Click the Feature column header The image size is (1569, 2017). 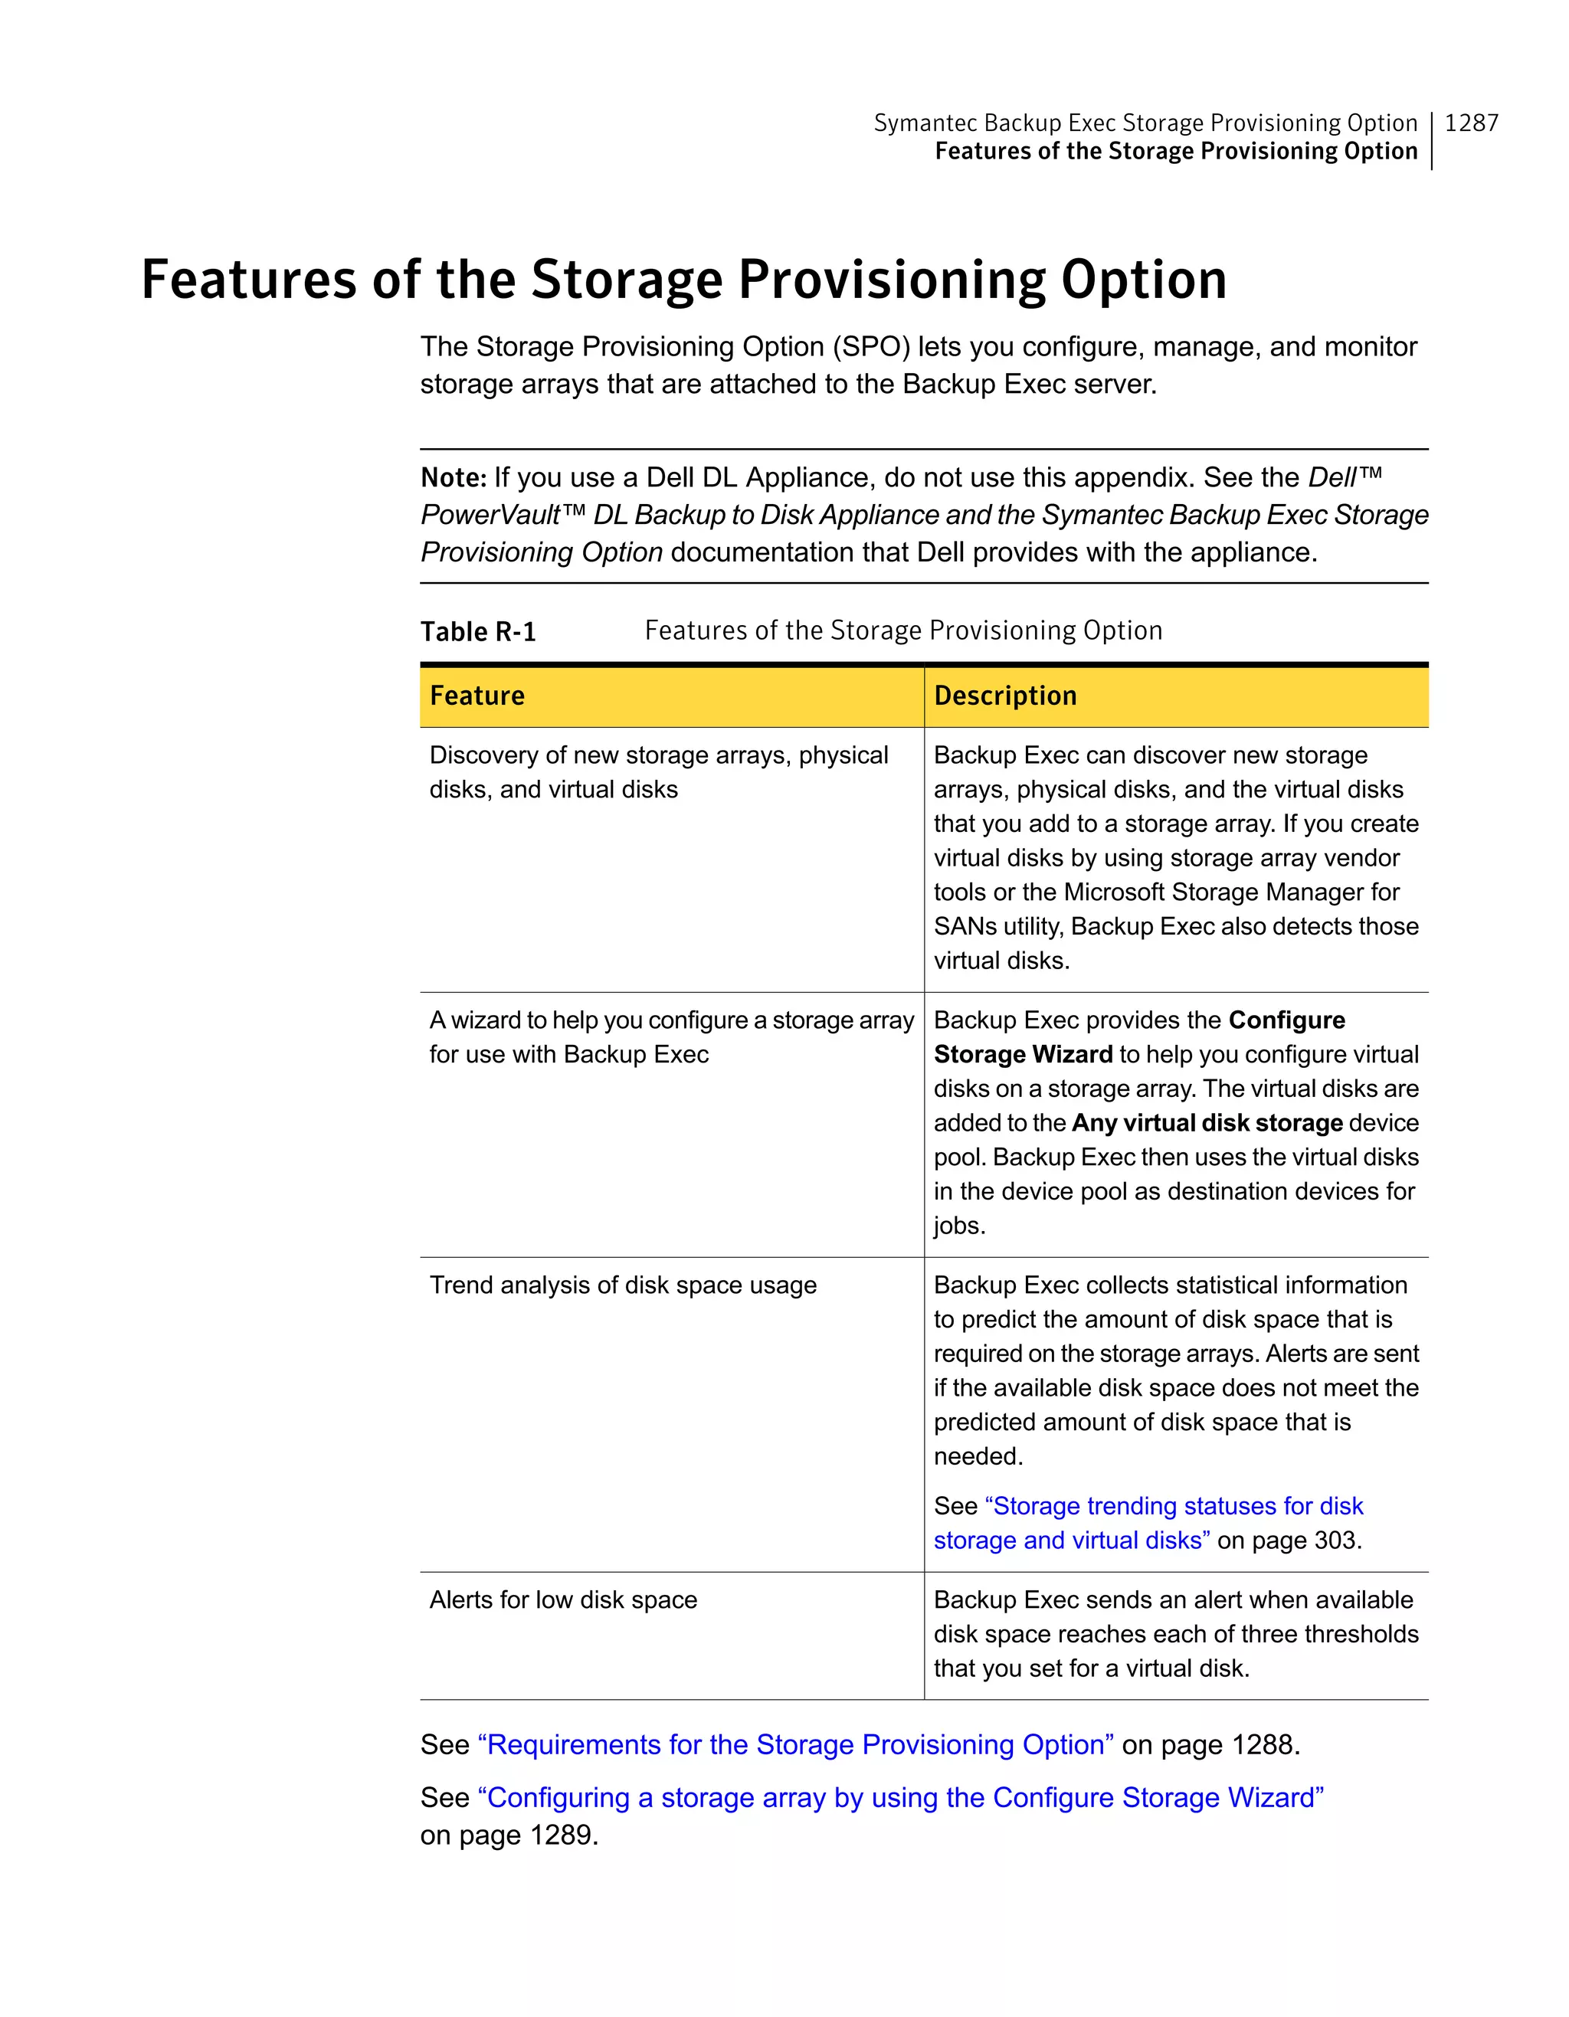(x=477, y=696)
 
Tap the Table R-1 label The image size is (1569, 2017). (x=477, y=632)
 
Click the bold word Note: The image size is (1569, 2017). (x=453, y=477)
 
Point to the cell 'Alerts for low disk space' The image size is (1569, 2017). (x=562, y=1600)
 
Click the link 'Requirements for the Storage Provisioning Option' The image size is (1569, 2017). (x=795, y=1744)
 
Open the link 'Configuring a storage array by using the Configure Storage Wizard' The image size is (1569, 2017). (x=900, y=1797)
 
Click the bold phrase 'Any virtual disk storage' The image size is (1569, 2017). (x=1206, y=1123)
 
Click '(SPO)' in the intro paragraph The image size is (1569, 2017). (x=871, y=346)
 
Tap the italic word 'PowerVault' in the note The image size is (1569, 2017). (x=490, y=515)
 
